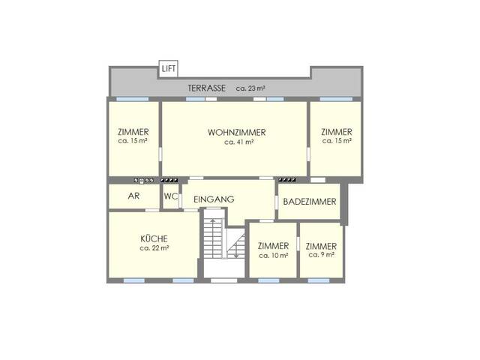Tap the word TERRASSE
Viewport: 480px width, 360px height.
[207, 88]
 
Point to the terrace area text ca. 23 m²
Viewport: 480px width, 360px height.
[250, 88]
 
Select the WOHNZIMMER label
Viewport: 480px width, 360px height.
[237, 133]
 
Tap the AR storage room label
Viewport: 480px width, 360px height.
[133, 196]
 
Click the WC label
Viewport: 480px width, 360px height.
[170, 196]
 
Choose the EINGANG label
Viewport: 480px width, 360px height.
[214, 199]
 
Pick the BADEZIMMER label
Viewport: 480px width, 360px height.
[310, 202]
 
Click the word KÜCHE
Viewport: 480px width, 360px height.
[153, 239]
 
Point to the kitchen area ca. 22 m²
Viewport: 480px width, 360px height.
[154, 248]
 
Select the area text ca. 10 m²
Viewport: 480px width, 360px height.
[272, 255]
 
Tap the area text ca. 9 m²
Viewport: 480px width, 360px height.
[321, 254]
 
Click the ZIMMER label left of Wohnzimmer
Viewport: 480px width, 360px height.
[133, 132]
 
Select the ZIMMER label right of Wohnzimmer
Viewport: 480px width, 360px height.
[337, 132]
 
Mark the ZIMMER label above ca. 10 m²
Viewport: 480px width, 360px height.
[272, 246]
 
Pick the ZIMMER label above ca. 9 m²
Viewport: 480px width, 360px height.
[321, 246]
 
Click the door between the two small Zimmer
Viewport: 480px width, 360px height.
[297, 244]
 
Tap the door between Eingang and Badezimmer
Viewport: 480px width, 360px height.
[277, 202]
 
